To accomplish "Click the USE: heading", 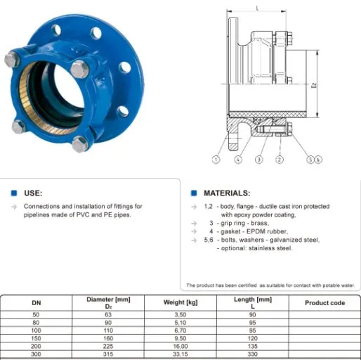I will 33,192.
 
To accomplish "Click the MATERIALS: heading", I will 226,192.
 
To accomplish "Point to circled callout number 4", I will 239,160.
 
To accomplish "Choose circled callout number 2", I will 279,160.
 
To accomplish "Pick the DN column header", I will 37,303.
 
